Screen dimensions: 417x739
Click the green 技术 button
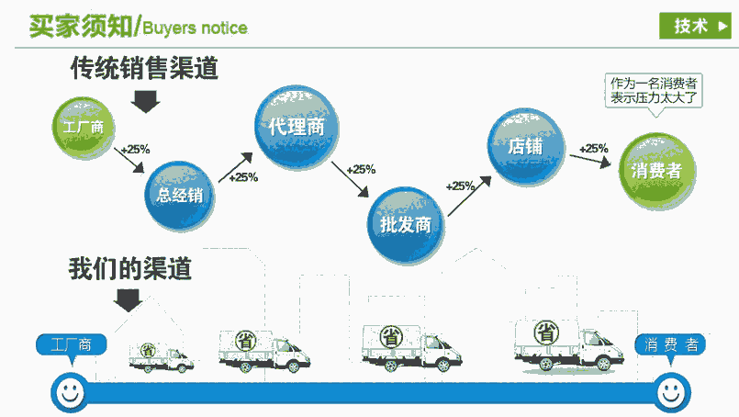(x=694, y=26)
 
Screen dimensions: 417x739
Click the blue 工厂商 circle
(x=83, y=126)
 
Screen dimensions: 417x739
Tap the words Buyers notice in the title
(x=196, y=28)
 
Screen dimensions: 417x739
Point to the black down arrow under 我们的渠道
(x=127, y=299)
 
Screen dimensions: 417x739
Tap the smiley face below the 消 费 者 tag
(x=670, y=392)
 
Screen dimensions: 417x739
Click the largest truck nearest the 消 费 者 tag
(x=562, y=345)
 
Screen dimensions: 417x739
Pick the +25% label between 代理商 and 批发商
(x=360, y=169)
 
